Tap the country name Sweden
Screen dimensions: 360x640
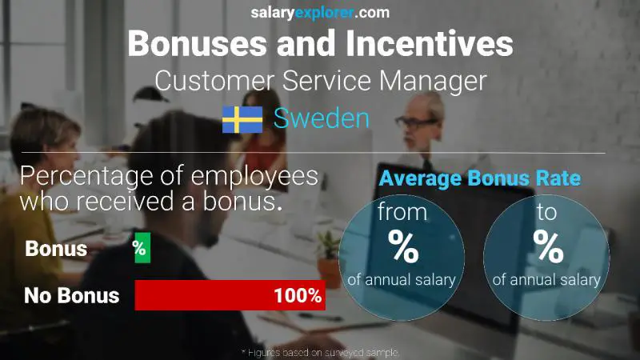click(321, 118)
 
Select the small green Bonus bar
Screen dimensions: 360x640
click(140, 249)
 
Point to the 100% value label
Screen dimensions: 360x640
click(297, 296)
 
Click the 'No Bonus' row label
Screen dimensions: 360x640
click(71, 296)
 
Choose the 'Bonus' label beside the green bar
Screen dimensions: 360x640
click(56, 249)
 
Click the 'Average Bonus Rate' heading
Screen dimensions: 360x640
click(479, 178)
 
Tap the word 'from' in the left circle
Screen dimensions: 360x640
click(402, 214)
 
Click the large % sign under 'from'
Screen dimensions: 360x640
click(402, 247)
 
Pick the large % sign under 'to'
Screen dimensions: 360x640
click(548, 247)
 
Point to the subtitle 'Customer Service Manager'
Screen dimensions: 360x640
click(320, 81)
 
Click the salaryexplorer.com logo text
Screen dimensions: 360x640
click(320, 12)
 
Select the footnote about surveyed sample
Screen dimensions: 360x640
click(320, 352)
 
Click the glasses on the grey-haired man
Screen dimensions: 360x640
click(416, 122)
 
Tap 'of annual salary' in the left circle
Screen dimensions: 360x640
click(402, 279)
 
